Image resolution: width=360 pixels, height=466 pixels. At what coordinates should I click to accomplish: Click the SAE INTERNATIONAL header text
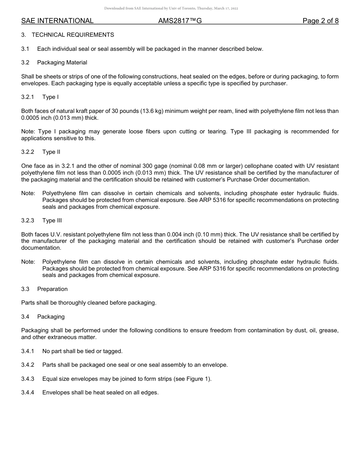point(57,21)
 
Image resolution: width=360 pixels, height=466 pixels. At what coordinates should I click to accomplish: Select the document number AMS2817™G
point(180,21)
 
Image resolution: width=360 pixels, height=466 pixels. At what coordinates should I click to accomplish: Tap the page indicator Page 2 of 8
point(320,21)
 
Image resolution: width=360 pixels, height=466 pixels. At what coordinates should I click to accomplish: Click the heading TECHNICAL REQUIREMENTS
point(73,35)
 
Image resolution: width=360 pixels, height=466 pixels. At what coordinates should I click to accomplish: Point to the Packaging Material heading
point(62,63)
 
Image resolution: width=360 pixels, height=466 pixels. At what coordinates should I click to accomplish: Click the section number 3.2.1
point(28,97)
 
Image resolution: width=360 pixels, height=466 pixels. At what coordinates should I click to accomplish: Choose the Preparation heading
point(52,289)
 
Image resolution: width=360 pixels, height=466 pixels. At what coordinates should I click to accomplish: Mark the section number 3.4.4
point(28,393)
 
